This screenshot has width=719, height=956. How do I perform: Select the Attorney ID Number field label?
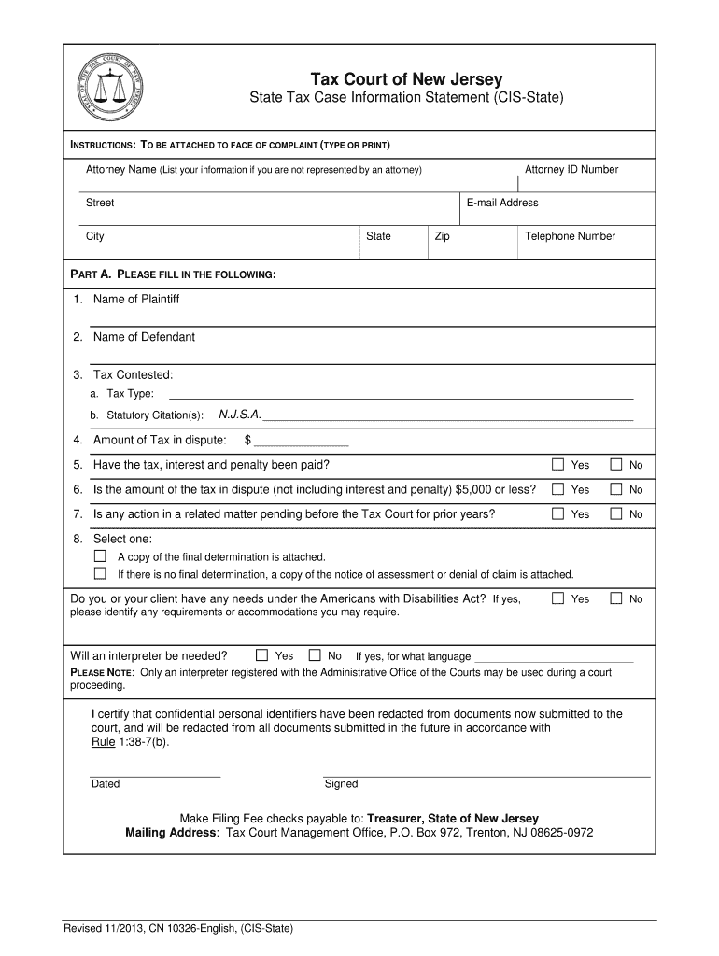point(571,169)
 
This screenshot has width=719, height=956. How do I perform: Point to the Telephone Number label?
point(570,236)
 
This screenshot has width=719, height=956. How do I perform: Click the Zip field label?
point(442,236)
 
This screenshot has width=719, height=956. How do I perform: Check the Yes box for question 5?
point(557,465)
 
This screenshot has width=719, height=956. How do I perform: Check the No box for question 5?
point(616,465)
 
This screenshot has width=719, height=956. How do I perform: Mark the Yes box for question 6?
point(557,489)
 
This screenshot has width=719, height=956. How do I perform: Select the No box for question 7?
point(616,513)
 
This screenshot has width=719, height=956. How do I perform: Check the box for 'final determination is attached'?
point(100,556)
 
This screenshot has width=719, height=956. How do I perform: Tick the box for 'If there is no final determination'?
point(100,574)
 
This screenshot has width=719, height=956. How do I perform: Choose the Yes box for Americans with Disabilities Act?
point(557,598)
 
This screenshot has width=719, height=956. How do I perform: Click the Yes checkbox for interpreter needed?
point(262,655)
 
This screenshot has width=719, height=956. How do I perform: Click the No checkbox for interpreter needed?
point(315,655)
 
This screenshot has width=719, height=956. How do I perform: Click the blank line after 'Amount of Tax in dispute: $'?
point(301,441)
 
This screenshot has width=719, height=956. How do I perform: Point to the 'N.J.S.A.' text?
point(240,414)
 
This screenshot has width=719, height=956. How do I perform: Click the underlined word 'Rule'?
point(103,741)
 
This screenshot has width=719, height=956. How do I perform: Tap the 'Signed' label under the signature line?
point(341,784)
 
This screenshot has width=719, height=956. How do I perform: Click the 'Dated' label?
point(106,784)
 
